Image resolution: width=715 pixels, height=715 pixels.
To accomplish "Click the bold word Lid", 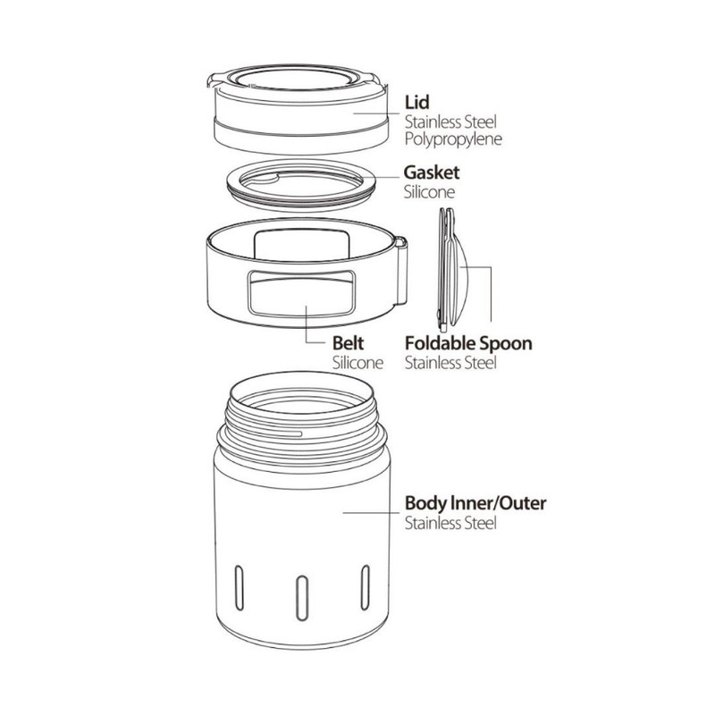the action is tap(416, 103).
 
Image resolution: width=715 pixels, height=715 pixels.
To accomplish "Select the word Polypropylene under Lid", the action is tap(453, 139).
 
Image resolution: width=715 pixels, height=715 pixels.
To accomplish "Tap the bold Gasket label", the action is tap(432, 172).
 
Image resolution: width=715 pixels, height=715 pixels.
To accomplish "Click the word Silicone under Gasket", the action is tap(429, 192).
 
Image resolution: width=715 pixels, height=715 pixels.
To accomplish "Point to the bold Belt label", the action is tap(348, 343).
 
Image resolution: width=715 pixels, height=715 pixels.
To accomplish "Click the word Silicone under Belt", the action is tap(357, 363).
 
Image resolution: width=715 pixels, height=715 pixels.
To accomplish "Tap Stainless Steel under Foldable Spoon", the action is tap(450, 363).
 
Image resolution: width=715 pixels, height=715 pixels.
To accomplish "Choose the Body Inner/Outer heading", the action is tap(475, 503).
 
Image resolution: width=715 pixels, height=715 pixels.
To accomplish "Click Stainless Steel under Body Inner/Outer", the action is tap(450, 523).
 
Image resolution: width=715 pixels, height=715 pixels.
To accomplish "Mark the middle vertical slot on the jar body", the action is tap(302, 598).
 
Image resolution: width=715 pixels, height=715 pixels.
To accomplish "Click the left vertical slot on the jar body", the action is tap(239, 587).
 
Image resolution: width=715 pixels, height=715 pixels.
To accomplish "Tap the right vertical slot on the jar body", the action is tap(365, 587).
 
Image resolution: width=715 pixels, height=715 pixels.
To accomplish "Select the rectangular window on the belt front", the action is tap(301, 293).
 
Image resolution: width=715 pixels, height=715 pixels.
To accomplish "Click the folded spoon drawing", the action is tap(452, 270).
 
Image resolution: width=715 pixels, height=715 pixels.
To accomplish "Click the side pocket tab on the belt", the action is tap(400, 271).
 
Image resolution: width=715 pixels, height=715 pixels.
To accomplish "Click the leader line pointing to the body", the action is tap(372, 512).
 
